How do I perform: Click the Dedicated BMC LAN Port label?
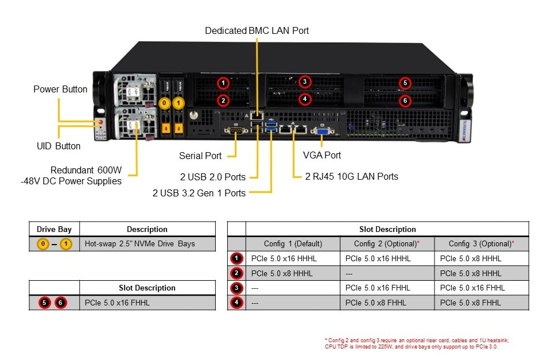(x=257, y=30)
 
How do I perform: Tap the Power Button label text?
(x=60, y=89)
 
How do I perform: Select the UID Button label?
(x=59, y=146)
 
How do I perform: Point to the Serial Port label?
(x=200, y=156)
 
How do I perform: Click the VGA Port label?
(x=322, y=155)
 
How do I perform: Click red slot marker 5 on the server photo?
(x=405, y=83)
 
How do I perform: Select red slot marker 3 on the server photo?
(x=305, y=82)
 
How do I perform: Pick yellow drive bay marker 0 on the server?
(x=165, y=103)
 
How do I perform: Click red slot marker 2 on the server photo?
(x=223, y=100)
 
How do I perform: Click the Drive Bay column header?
(x=54, y=229)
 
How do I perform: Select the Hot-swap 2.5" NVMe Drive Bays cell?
(x=139, y=244)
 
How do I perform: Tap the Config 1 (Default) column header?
(x=293, y=243)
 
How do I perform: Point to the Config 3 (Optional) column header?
(x=481, y=243)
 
